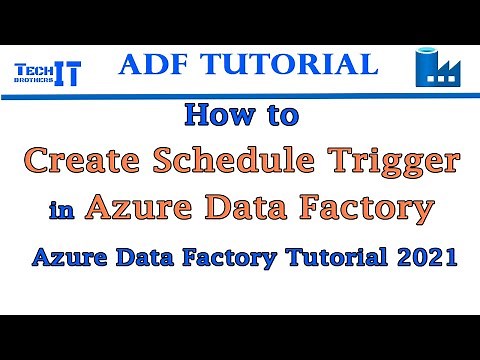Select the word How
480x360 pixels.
[215, 116]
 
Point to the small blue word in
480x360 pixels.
[61, 211]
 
